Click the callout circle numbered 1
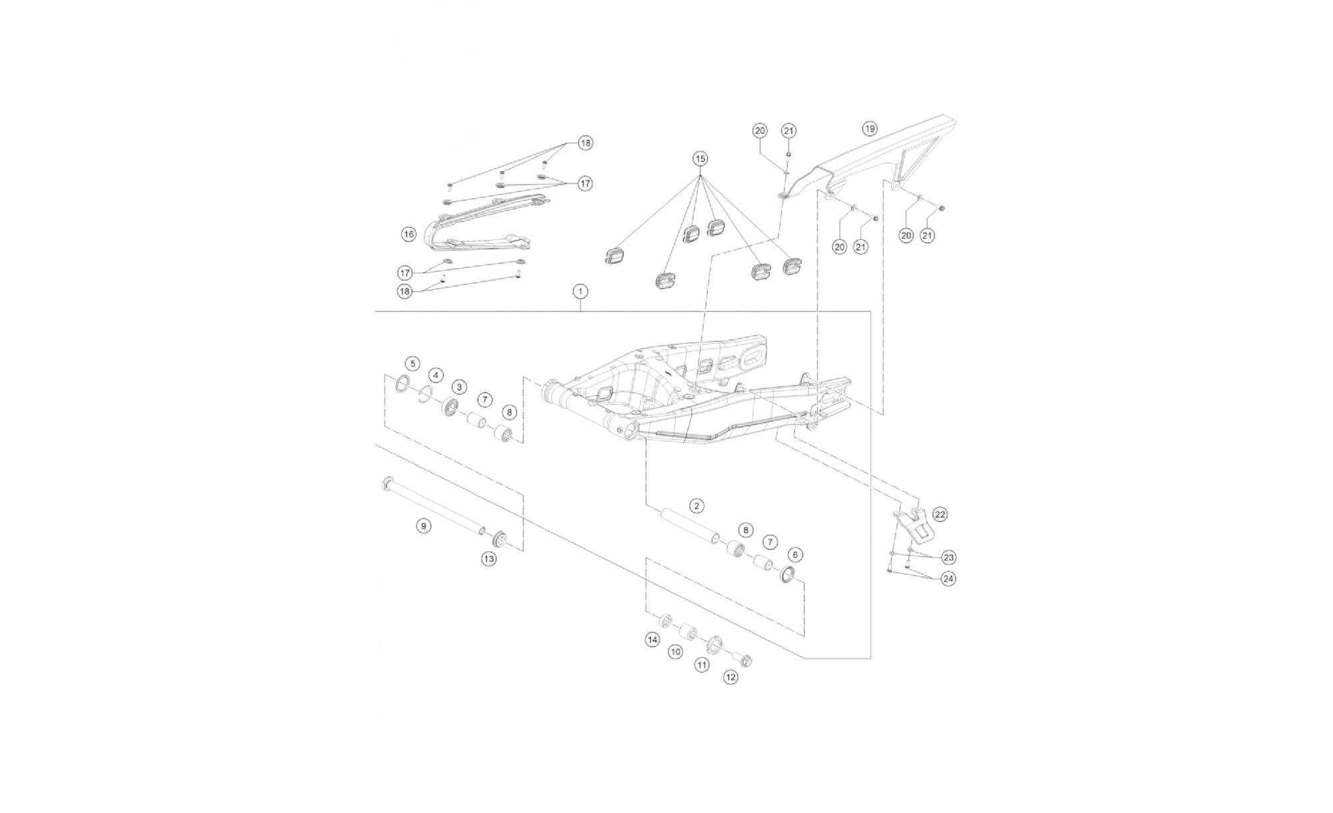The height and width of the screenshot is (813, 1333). [x=581, y=291]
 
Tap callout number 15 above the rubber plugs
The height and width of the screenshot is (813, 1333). [x=700, y=159]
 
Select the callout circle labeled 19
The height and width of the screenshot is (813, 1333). [x=869, y=128]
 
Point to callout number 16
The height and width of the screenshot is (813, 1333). [x=409, y=234]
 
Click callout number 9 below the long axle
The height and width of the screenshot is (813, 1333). [x=423, y=526]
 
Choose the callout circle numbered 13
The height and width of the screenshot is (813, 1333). [x=489, y=558]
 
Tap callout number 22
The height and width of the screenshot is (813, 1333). [x=940, y=514]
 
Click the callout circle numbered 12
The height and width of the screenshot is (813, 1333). [x=730, y=677]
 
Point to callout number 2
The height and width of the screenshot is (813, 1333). [x=696, y=506]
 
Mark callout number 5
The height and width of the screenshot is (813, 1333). [x=413, y=363]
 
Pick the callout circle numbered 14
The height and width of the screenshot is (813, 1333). [x=652, y=640]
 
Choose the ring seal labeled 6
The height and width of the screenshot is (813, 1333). [x=789, y=574]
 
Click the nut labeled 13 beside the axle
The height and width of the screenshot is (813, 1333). [x=500, y=539]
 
